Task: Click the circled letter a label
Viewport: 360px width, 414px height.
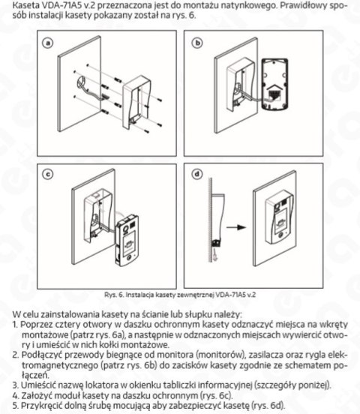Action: point(50,44)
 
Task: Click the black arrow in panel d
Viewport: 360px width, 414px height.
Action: point(238,224)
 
